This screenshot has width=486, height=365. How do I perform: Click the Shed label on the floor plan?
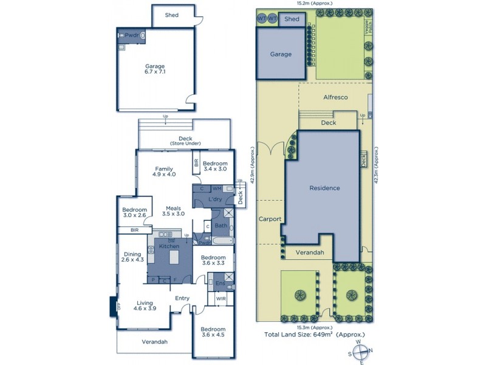(172, 15)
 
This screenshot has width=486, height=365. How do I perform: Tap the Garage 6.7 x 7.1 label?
(155, 69)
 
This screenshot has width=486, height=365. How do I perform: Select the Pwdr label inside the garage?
(131, 35)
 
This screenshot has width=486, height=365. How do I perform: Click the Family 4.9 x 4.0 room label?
(164, 172)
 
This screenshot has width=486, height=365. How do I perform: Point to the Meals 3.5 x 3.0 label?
(173, 210)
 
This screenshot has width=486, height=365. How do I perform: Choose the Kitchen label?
(169, 246)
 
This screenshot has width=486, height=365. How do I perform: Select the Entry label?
(182, 298)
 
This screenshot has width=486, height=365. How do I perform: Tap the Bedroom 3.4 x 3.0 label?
(215, 167)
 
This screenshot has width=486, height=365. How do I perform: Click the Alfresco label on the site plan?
(335, 97)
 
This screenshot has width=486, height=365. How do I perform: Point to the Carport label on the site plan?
(269, 218)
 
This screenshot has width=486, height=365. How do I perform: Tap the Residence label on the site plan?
(324, 188)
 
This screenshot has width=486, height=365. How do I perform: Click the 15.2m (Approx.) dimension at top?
(313, 4)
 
